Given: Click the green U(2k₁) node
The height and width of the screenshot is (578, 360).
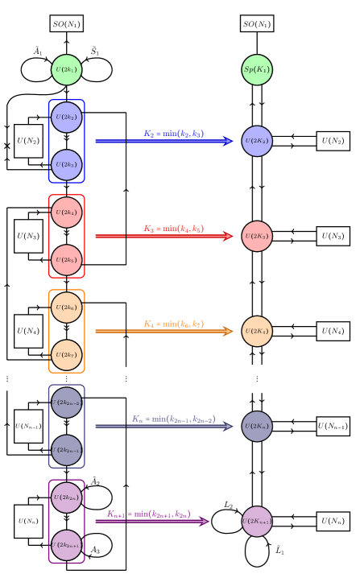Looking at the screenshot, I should tap(66, 70).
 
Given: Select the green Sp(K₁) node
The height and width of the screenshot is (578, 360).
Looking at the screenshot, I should tap(257, 70).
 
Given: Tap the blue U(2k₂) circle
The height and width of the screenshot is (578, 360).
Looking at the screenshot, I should tap(66, 118).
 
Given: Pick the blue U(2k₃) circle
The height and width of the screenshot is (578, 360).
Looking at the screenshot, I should tap(66, 165).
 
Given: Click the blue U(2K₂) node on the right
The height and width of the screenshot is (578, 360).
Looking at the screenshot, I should tap(257, 141).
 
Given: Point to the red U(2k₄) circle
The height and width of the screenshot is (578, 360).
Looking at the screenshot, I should tap(66, 213).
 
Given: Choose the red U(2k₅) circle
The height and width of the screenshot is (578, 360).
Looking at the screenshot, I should tap(66, 260).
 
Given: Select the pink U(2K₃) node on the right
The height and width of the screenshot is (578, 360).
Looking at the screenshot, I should tap(257, 236).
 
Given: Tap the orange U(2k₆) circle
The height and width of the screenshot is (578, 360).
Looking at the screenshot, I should tap(66, 308).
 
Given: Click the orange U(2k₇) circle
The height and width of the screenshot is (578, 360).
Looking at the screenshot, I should tap(66, 355).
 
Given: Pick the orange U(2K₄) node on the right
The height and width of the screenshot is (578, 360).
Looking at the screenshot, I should tap(257, 331).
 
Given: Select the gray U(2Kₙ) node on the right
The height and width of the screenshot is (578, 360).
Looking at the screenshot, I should tap(257, 426).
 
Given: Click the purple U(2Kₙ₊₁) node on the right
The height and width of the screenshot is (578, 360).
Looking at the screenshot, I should tap(257, 521).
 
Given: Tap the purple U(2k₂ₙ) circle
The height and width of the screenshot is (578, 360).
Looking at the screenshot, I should tap(66, 497).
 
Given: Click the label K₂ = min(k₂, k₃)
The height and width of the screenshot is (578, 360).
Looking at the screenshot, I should tap(174, 134).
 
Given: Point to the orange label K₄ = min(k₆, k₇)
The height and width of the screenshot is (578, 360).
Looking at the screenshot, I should tap(174, 324).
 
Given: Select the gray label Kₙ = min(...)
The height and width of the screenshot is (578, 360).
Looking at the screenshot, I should tap(174, 419).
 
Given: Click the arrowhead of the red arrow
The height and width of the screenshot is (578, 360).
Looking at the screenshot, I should tap(229, 236).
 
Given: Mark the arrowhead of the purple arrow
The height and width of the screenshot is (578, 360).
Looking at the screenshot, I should tap(205, 521).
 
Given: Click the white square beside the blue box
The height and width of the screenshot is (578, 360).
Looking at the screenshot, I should tap(91, 141).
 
